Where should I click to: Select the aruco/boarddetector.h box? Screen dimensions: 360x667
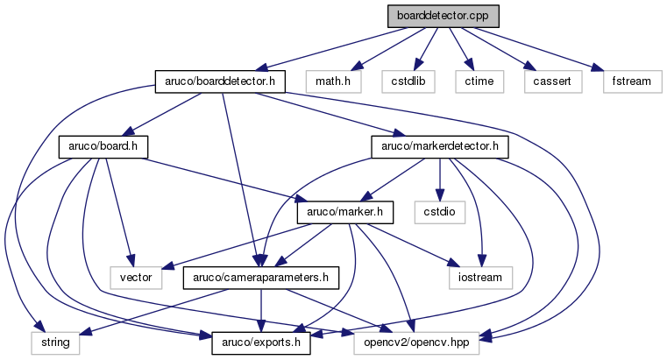(221, 81)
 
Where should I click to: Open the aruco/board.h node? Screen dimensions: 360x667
(103, 146)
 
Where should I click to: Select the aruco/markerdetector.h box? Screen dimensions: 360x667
(440, 146)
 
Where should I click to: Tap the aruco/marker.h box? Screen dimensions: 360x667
(346, 211)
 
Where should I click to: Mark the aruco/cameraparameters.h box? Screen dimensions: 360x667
(260, 278)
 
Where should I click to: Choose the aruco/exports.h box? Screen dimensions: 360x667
(260, 342)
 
